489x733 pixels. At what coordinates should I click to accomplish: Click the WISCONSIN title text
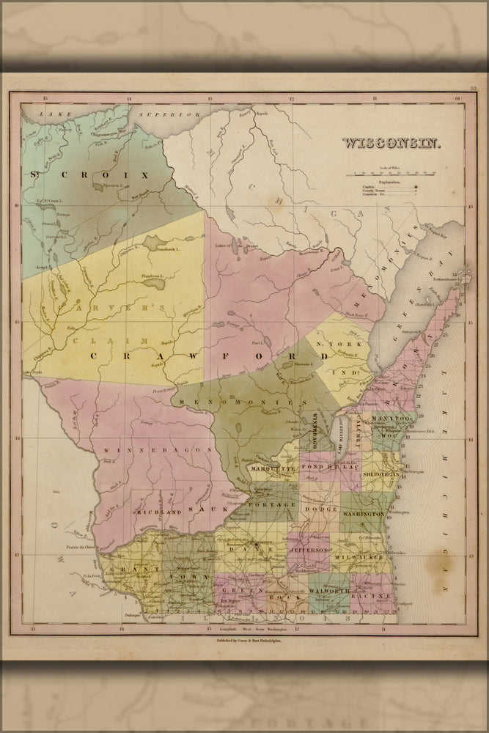coord(391,143)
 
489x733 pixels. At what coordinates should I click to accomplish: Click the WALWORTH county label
coord(328,589)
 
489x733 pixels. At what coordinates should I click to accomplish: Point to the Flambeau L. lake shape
coord(152,282)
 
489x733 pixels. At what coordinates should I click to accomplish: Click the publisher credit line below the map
coord(244,640)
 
